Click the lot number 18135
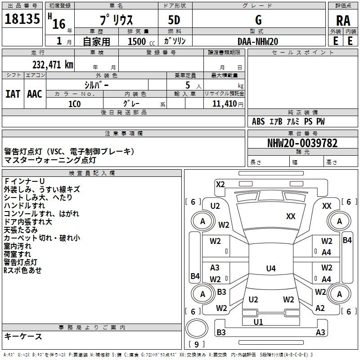(22, 19)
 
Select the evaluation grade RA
(343, 21)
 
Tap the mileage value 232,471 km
(53, 65)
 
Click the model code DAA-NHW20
(258, 41)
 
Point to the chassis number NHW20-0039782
(302, 143)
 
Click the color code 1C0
(75, 104)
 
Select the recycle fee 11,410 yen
(228, 104)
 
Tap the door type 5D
(174, 20)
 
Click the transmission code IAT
(13, 94)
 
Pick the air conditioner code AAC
(35, 94)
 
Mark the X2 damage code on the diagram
(220, 184)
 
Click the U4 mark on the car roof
(271, 268)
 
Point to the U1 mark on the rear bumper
(258, 322)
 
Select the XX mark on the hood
(291, 216)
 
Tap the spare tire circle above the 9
(197, 328)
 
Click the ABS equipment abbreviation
(258, 121)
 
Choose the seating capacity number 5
(188, 85)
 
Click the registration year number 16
(59, 24)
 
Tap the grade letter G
(258, 20)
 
